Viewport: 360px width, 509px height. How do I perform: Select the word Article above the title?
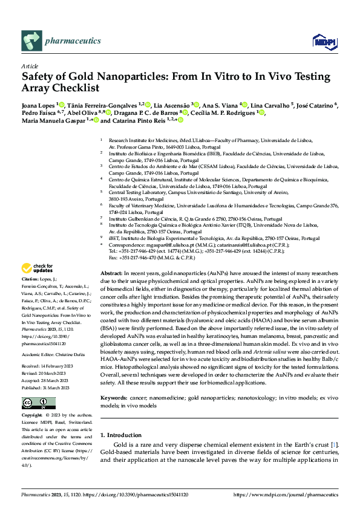tap(30, 66)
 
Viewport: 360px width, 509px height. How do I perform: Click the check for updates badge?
tap(38, 268)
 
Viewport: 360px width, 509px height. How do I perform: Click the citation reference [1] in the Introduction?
tap(333, 428)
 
